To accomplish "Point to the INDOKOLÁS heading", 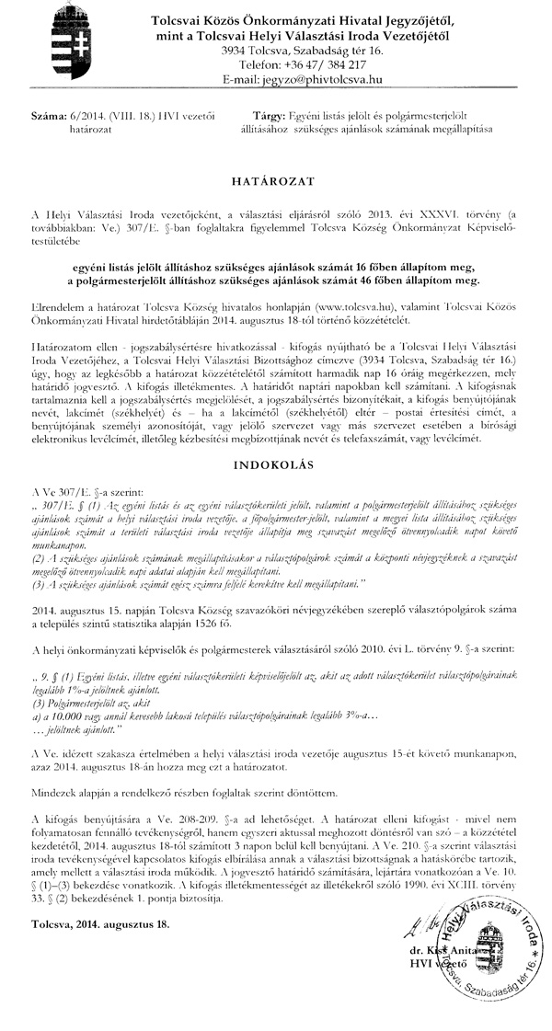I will click(x=275, y=452).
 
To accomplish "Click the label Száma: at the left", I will click(x=47, y=120).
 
